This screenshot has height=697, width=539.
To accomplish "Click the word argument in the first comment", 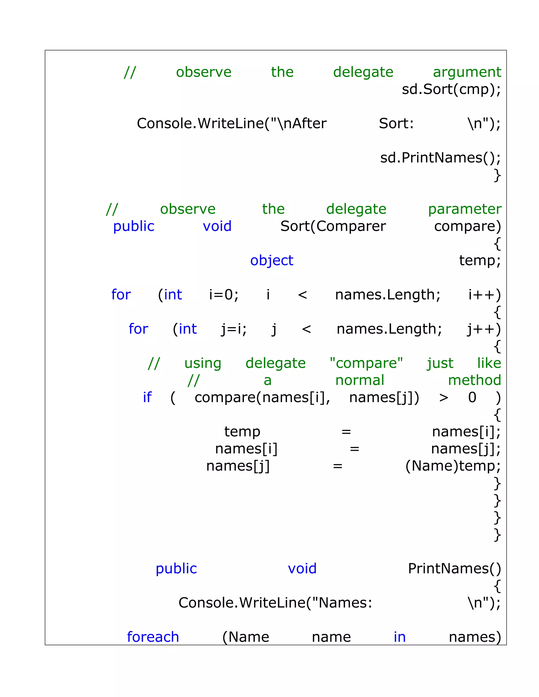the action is coord(467,72).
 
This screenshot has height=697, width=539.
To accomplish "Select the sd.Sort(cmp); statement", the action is coord(451,89).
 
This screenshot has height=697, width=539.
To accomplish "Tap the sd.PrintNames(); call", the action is coord(440,158).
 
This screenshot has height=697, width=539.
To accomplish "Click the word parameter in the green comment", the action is coord(465,209).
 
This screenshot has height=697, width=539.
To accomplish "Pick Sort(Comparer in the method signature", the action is coord(333,226).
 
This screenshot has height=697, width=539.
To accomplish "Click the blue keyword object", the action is coord(271,260).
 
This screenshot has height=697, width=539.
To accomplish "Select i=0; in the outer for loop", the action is coord(223,295).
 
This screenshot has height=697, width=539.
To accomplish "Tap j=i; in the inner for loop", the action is coord(234,329).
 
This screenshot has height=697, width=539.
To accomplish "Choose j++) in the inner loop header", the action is coord(484,329).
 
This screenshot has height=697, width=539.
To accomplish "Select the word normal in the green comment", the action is coord(360,380).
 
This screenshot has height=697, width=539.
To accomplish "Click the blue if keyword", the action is coord(147,397).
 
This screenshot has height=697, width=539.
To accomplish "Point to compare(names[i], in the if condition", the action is coord(262,397).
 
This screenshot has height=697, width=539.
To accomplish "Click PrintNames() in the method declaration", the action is coord(454,568).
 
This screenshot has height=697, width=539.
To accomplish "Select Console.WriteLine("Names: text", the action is coord(275,603).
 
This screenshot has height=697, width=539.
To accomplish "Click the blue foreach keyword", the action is coord(153,637).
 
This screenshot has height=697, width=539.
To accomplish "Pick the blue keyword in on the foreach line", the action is coord(400,637).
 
